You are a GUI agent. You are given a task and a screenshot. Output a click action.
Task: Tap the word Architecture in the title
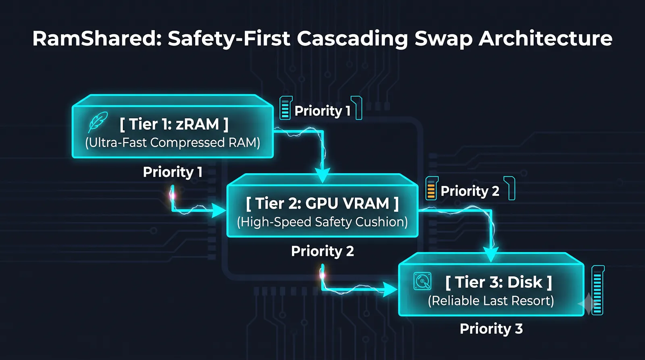pos(545,39)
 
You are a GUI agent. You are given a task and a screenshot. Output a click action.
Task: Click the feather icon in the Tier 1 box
pos(98,122)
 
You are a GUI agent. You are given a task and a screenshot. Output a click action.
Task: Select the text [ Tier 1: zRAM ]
pos(174,124)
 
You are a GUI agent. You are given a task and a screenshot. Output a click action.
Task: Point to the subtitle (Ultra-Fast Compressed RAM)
pos(173,143)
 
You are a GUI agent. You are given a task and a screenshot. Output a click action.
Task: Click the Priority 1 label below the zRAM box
pos(173,172)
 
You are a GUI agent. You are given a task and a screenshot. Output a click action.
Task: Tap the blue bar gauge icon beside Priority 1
pos(286,108)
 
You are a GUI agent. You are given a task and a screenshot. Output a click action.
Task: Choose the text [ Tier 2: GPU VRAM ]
pos(322,203)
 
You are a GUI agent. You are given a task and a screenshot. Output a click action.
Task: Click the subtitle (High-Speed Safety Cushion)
pos(322,222)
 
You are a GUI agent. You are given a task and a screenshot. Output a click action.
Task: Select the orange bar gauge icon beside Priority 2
pos(432,188)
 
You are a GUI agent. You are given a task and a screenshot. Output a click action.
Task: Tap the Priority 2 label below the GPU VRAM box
pos(322,251)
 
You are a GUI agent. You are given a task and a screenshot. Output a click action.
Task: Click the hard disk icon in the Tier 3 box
pos(422,281)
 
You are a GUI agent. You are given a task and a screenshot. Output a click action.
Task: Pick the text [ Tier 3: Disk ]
pos(499,282)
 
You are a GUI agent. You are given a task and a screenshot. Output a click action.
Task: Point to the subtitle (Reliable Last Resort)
pos(491,301)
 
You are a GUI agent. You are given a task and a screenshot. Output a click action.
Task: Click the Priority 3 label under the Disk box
pos(491,329)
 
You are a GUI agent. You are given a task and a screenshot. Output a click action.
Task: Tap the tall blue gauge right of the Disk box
pos(598,290)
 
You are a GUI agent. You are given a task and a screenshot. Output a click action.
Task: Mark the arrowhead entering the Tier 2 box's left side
pos(218,210)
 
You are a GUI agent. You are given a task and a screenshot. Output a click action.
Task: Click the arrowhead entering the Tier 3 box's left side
pos(391,289)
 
